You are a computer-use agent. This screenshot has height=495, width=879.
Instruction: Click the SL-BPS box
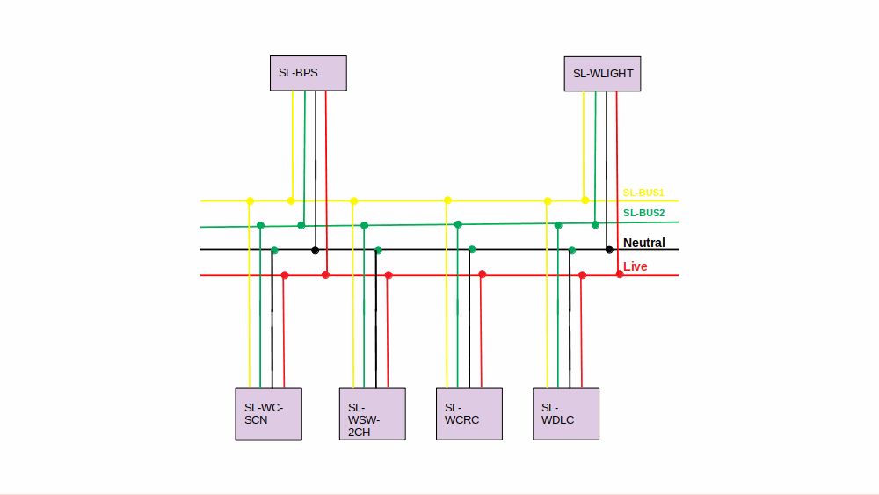pos(308,73)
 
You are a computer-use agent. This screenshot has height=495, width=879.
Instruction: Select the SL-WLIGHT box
pos(602,74)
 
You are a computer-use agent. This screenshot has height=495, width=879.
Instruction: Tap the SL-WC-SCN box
pos(268,413)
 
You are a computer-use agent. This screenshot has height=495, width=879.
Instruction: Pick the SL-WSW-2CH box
pos(372,413)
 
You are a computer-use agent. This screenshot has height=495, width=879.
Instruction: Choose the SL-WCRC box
pos(469,413)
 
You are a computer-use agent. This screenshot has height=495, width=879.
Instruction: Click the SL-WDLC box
pos(565,413)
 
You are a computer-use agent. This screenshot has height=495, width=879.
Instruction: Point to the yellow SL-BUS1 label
pos(643,193)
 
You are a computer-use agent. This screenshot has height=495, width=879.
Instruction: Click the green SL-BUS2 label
pos(643,213)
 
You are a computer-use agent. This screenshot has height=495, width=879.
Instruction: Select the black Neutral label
pos(644,243)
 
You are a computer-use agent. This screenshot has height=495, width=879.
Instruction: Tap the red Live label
pos(636,266)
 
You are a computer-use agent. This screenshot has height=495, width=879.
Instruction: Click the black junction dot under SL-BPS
pos(315,251)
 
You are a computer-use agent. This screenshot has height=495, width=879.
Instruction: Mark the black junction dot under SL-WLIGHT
pos(609,250)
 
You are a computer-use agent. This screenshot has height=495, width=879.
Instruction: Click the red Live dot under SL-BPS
pos(325,275)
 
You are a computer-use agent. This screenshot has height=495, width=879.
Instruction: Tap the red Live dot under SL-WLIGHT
pos(620,274)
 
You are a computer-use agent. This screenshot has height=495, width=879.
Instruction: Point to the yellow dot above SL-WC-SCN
pos(250,201)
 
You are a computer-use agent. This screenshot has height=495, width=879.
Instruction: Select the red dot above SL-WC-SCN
pos(284,275)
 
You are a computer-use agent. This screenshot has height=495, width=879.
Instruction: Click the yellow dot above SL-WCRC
pos(447,200)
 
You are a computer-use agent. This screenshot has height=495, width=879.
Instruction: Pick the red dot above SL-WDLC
pos(582,275)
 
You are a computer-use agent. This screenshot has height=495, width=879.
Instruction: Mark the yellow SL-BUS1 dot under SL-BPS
pos(292,200)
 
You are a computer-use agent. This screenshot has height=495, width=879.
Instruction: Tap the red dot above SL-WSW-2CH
pos(389,275)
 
